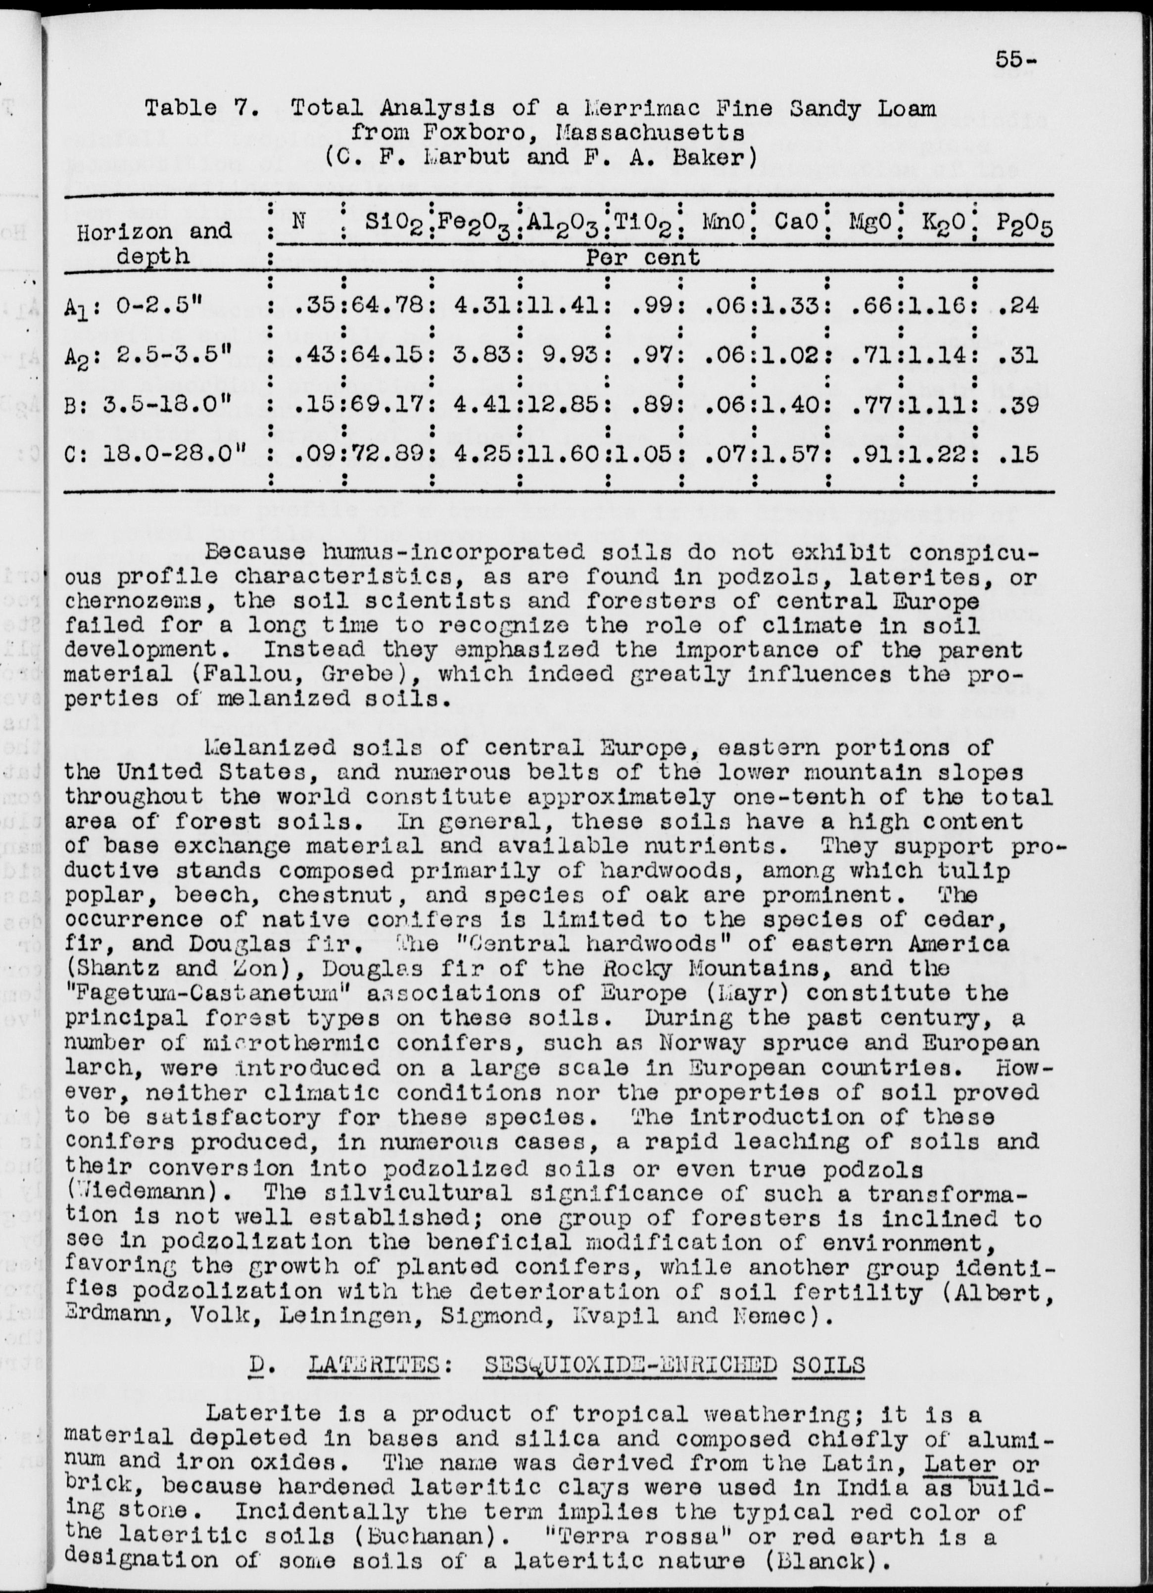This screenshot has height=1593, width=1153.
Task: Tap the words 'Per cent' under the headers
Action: click(x=642, y=257)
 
